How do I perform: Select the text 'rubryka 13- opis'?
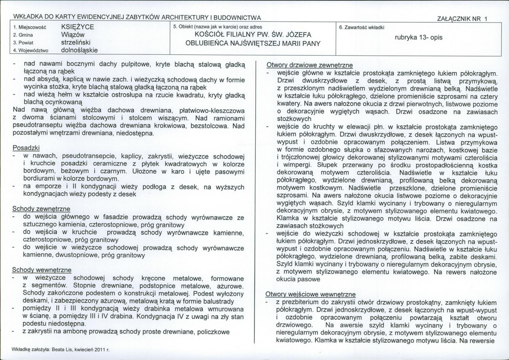point(419,37)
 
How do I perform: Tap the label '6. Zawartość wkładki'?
point(362,27)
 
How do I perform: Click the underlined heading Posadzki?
point(26,148)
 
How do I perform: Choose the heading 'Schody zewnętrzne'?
point(41,209)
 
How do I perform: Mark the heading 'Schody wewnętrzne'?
point(41,270)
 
